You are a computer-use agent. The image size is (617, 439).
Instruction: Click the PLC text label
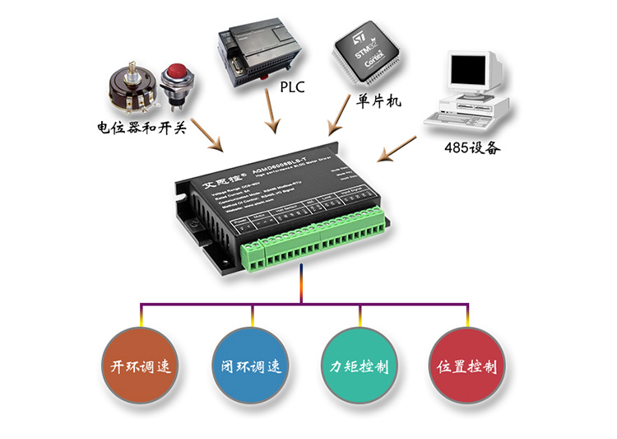[x=293, y=86]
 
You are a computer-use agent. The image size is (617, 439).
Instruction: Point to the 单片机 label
[x=378, y=102]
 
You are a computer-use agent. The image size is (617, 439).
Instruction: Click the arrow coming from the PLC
[x=271, y=112]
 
